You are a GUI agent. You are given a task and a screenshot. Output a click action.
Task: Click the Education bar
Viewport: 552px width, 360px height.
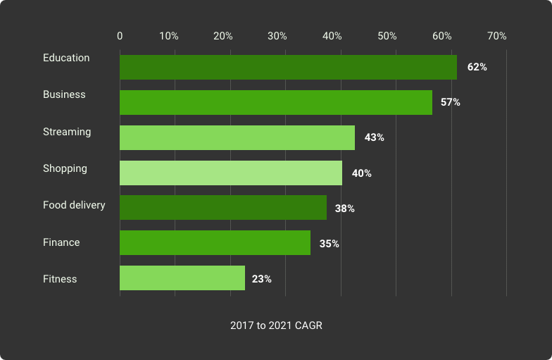point(288,67)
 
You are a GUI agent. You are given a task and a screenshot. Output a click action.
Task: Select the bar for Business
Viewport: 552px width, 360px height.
point(276,102)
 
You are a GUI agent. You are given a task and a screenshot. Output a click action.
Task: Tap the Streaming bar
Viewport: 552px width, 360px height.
point(237,137)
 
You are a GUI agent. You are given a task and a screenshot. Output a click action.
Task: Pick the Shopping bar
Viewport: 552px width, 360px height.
point(231,173)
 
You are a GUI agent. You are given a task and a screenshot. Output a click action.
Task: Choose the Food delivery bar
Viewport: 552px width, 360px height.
point(223,208)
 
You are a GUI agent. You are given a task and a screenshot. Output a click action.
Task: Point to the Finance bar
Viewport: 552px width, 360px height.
point(215,243)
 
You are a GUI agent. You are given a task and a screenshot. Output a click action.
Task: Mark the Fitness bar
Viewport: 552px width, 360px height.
point(182,278)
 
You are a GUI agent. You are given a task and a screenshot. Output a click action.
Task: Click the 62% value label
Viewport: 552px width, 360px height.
point(477,67)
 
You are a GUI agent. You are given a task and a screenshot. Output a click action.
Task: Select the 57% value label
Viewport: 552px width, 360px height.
point(451,102)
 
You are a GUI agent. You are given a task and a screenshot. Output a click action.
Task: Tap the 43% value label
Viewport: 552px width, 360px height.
point(374,137)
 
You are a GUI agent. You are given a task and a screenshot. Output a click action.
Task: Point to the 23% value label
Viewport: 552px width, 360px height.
point(261,279)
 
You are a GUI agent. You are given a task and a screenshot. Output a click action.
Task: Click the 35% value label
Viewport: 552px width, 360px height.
point(329,244)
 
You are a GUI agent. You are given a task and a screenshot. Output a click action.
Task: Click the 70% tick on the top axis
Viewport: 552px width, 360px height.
point(496,36)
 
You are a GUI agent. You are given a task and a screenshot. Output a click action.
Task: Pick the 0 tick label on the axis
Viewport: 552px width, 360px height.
point(120,36)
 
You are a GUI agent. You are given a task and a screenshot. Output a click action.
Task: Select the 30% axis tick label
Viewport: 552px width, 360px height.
point(277,36)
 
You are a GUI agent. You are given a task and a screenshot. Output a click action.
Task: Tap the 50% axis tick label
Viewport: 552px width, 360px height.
point(387,36)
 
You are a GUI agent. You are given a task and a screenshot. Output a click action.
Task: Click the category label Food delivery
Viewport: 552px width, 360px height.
point(74,205)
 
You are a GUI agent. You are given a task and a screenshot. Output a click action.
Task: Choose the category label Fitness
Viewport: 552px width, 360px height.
point(60,279)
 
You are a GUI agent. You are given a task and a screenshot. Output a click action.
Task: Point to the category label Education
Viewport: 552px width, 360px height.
point(66,58)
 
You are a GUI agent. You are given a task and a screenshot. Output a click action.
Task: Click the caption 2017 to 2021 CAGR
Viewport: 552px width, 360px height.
point(276,325)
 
